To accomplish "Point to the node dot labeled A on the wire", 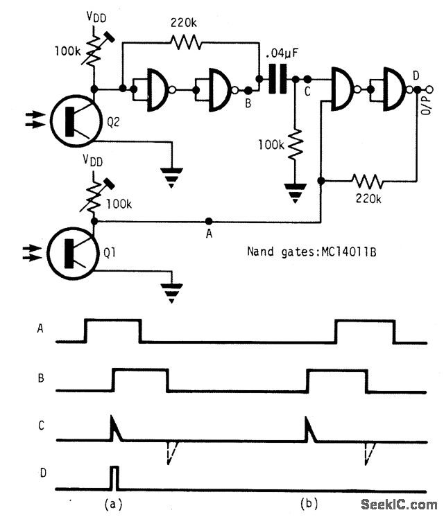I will [x=207, y=222].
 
